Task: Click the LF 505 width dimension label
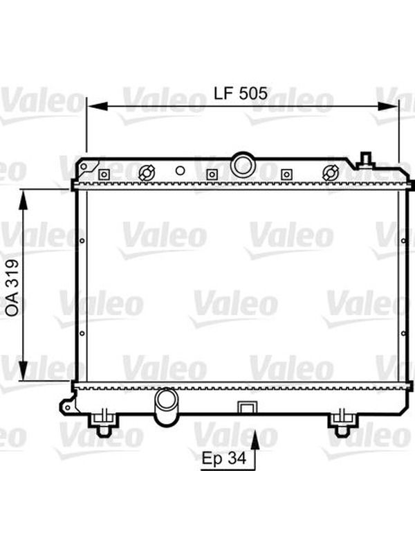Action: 240,93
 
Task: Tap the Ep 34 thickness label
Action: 223,458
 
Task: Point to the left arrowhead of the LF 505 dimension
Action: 98,106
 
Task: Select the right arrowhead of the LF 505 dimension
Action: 387,106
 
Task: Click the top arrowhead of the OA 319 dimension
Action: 24,200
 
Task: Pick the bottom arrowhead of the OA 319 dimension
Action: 24,370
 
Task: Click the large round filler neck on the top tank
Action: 243,163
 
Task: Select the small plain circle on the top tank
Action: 180,171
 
